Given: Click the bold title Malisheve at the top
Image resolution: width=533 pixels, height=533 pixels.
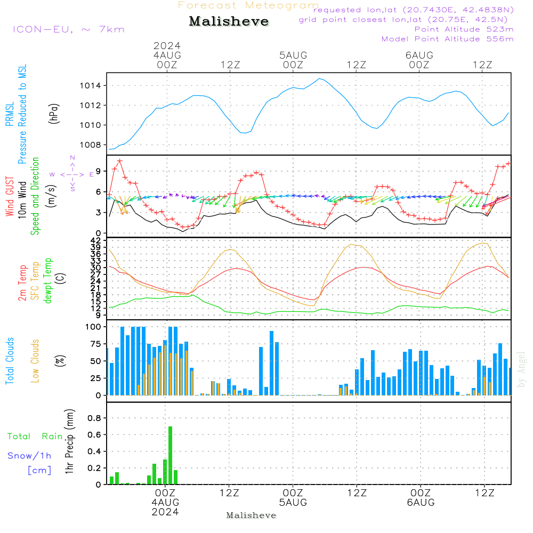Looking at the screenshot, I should (x=229, y=22).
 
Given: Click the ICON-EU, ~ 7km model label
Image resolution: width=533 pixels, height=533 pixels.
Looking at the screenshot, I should (x=68, y=29).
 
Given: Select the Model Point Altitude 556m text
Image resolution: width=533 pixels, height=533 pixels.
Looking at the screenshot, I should (x=447, y=39).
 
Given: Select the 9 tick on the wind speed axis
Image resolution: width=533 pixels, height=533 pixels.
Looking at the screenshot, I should (x=99, y=171).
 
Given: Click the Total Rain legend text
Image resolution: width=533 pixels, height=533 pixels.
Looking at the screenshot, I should (x=35, y=437).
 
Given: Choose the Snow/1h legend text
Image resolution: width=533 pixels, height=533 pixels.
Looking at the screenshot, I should (x=29, y=456).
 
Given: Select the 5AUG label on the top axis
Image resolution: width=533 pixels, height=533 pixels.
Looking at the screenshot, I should (x=293, y=55).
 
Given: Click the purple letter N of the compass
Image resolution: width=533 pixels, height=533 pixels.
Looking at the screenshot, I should (x=72, y=158).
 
